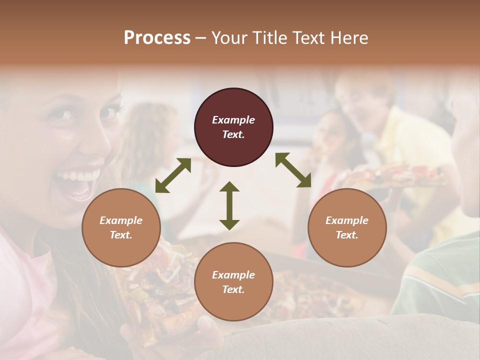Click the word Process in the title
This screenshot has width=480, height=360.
click(157, 38)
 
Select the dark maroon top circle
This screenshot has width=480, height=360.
click(233, 127)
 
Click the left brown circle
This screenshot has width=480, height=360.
click(121, 227)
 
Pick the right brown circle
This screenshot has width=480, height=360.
click(347, 227)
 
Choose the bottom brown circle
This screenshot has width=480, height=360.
click(233, 282)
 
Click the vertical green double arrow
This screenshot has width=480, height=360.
click(229, 205)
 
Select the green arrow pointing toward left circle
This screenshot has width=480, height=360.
click(173, 175)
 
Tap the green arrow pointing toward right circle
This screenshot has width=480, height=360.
click(293, 170)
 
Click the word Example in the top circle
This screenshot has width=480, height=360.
click(233, 120)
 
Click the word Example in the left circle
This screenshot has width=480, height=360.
click(121, 220)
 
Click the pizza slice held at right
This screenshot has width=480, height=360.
click(395, 176)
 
